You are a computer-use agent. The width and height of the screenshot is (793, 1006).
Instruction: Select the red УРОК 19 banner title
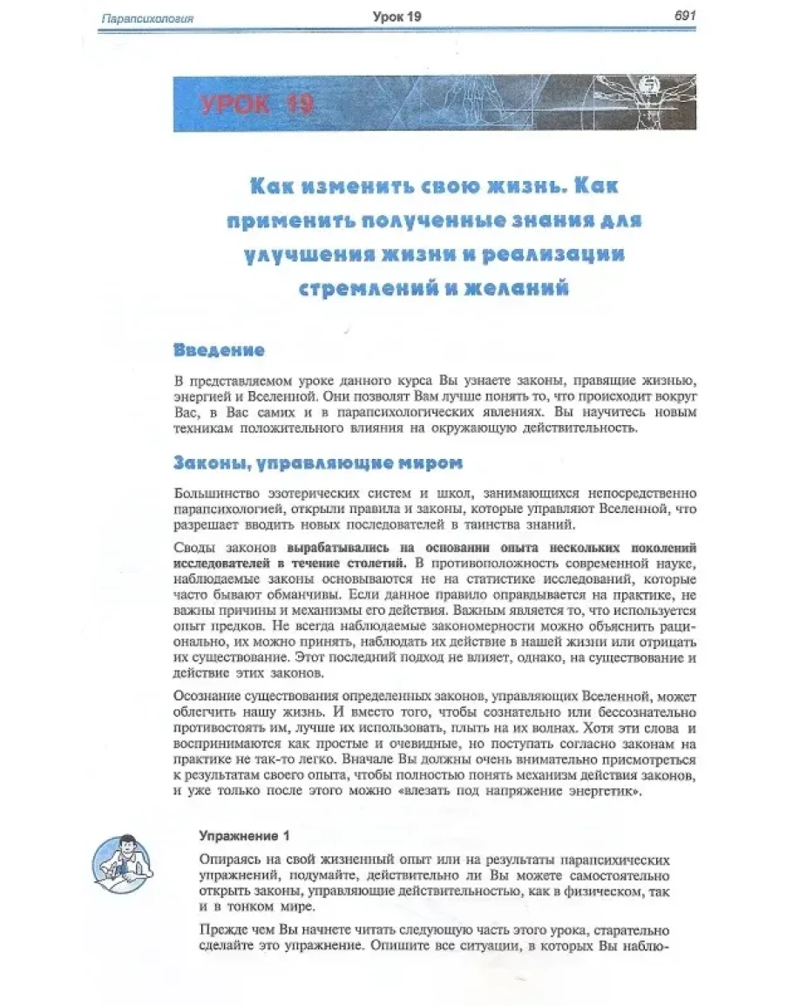click(x=255, y=105)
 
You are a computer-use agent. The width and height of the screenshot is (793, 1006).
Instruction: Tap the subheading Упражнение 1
click(x=244, y=836)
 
